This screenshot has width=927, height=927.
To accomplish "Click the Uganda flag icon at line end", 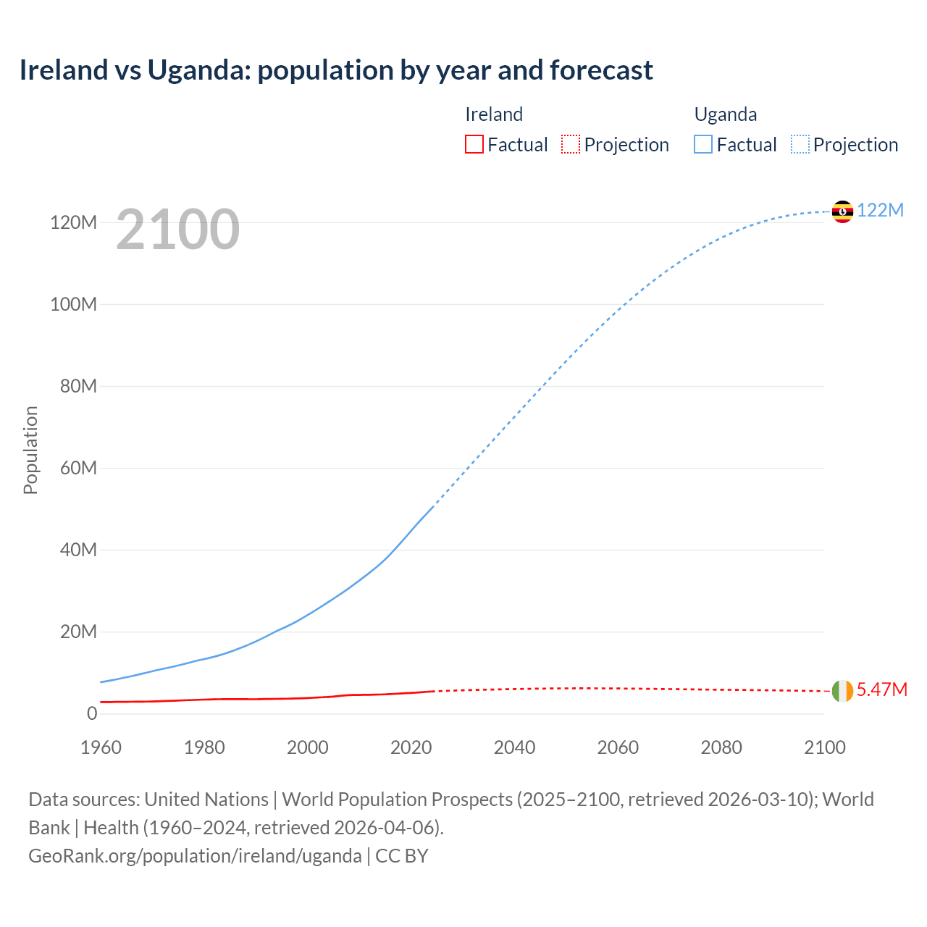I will click(x=842, y=211).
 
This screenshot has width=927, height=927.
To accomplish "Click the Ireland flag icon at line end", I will click(x=842, y=691).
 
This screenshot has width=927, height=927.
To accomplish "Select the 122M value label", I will click(x=880, y=210).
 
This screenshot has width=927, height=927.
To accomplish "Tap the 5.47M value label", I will click(x=881, y=689).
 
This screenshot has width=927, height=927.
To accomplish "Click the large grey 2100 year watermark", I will click(x=177, y=230).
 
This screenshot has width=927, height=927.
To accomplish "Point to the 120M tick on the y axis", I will click(x=73, y=222).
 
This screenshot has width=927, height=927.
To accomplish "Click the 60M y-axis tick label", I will click(x=78, y=468).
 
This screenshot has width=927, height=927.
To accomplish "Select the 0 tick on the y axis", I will click(x=92, y=713).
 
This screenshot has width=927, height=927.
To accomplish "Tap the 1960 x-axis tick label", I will click(x=101, y=747).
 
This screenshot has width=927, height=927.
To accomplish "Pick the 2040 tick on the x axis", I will click(x=514, y=747).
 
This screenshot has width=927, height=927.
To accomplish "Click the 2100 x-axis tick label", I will click(x=824, y=747).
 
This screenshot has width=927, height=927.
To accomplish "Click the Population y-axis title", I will click(x=30, y=450).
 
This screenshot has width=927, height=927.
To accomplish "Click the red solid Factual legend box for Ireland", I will click(x=474, y=144).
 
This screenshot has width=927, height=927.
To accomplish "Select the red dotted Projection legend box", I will click(x=571, y=144).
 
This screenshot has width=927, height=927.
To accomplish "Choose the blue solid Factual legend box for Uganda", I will click(x=703, y=144).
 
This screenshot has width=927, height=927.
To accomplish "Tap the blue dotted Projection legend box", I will click(x=800, y=144).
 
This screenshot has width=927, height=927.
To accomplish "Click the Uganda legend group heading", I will click(x=726, y=114).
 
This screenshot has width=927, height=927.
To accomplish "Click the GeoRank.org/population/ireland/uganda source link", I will click(x=195, y=856).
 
